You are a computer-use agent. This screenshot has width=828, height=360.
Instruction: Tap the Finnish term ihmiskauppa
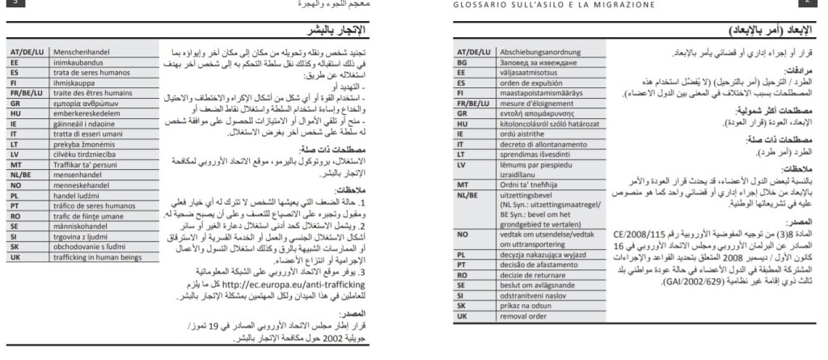(x=77, y=82)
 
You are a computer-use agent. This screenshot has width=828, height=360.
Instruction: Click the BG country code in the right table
(x=463, y=61)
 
